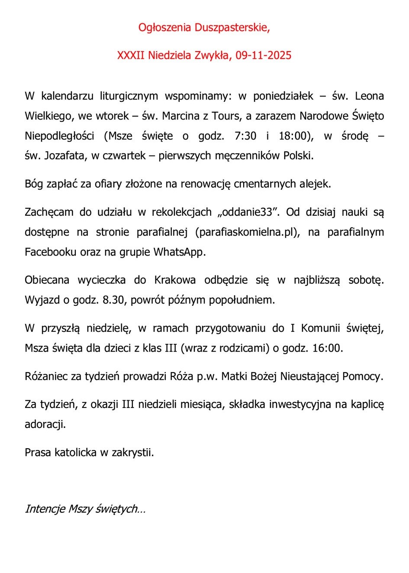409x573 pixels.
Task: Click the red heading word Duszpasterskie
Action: (232, 28)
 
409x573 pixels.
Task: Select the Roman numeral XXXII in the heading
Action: (131, 55)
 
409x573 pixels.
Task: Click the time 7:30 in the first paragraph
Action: (245, 136)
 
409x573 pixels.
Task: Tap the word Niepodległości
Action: (59, 136)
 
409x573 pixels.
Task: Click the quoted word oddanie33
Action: (248, 212)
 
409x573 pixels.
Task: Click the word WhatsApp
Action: (178, 252)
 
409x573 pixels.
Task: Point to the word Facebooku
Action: (51, 252)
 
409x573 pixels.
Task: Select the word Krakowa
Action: (175, 280)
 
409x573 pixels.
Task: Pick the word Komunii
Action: (320, 328)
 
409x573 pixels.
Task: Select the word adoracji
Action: (45, 424)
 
